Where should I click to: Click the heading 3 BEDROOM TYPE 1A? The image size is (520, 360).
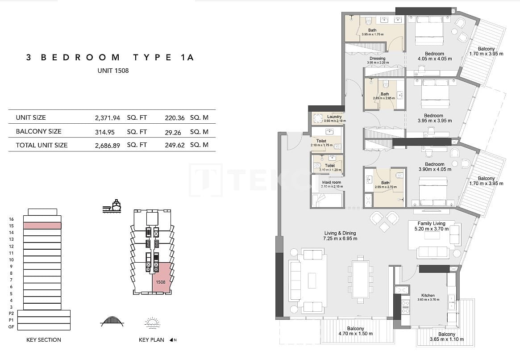110,57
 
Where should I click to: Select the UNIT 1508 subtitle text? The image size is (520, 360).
113,71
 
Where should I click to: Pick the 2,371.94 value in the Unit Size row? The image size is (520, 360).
108,118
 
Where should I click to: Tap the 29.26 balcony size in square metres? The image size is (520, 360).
174,132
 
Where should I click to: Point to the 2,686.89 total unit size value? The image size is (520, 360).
108,145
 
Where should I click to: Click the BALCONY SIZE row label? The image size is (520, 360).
38,131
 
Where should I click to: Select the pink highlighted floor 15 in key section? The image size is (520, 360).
42,226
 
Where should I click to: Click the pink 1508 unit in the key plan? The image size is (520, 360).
162,277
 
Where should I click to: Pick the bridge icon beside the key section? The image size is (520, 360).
112,321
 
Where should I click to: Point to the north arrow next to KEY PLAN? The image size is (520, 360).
171,340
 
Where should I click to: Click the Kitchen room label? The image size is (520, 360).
428,296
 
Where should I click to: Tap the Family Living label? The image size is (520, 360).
431,223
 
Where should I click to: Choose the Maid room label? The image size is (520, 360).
331,182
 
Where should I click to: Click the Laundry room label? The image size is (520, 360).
334,117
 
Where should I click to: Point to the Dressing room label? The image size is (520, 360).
378,59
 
